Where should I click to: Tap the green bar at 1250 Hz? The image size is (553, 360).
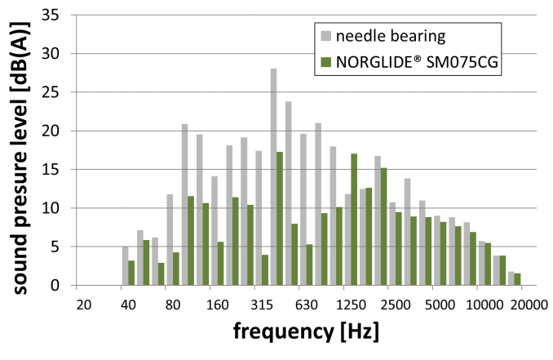click(x=354, y=220)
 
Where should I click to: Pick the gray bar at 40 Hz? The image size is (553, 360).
click(x=125, y=266)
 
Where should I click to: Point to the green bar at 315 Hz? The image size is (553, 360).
click(x=265, y=270)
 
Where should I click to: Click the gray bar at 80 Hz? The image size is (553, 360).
click(x=170, y=240)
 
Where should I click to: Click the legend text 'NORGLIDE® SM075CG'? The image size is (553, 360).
click(x=407, y=61)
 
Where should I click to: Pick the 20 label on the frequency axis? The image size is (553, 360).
click(x=82, y=304)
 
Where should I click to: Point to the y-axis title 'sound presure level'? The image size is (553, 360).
click(x=18, y=150)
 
